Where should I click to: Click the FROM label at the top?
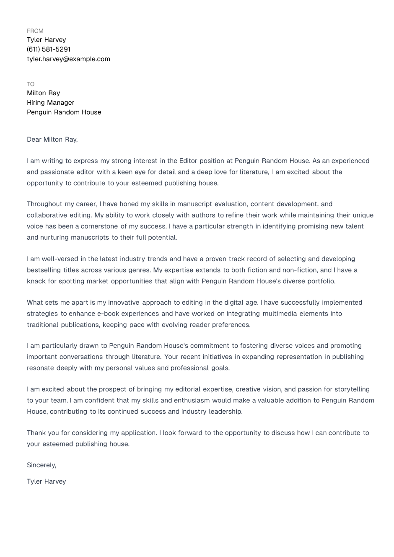click(x=35, y=31)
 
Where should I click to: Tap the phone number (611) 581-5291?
click(x=49, y=49)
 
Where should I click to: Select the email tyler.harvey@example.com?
click(x=68, y=59)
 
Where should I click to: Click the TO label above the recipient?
click(x=31, y=84)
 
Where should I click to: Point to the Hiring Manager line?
click(x=50, y=103)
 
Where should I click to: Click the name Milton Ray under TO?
click(x=43, y=93)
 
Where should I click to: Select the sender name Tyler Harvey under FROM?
click(x=46, y=40)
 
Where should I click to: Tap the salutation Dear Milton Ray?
click(x=52, y=140)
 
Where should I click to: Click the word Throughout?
click(x=44, y=204)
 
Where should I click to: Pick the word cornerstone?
click(x=99, y=226)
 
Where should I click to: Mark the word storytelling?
click(x=351, y=389)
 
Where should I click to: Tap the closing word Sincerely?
click(x=41, y=465)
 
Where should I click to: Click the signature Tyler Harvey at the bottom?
click(x=46, y=482)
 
